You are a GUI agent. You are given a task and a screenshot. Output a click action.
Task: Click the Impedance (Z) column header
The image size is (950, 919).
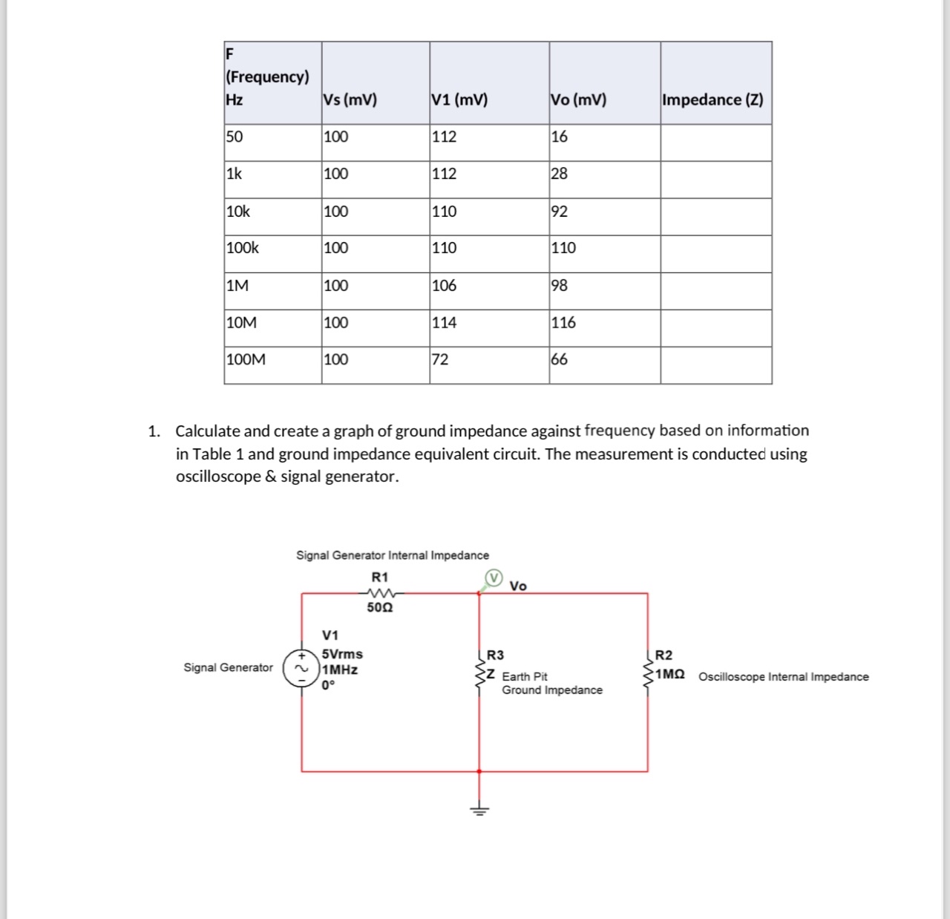click(x=712, y=99)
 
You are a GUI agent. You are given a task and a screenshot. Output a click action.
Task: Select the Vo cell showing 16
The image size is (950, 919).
click(x=560, y=137)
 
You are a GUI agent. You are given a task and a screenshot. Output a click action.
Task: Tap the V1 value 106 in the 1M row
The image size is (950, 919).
click(x=444, y=286)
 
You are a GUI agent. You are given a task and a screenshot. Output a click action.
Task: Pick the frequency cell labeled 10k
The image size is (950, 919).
click(x=238, y=212)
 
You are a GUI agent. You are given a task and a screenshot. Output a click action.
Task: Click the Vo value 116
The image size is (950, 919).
click(x=563, y=323)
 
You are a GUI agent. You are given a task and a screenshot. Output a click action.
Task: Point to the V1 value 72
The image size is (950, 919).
click(x=440, y=359)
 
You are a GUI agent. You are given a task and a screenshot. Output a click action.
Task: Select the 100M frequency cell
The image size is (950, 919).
click(x=246, y=359)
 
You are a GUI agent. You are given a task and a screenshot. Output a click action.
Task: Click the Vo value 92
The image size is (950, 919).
click(x=560, y=212)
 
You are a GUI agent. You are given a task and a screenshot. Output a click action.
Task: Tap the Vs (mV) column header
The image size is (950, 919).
click(x=350, y=99)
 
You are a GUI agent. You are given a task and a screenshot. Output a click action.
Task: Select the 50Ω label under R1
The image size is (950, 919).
click(x=380, y=607)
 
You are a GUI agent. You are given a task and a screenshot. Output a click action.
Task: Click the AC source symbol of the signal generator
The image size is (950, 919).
click(x=301, y=668)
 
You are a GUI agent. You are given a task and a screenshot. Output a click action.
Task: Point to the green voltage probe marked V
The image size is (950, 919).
click(x=494, y=578)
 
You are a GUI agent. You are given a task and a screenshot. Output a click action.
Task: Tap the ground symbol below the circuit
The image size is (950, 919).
click(x=479, y=809)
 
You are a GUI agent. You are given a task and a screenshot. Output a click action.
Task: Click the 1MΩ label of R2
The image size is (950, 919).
click(x=669, y=674)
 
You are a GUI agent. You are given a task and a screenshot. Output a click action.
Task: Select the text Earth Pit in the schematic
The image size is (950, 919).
click(x=525, y=676)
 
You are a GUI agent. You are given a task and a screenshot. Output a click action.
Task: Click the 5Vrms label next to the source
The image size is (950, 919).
click(x=342, y=654)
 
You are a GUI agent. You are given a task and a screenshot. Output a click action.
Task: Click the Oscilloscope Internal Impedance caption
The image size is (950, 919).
click(x=783, y=677)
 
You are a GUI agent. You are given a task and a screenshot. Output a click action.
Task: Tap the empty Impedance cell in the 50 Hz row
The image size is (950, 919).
click(x=715, y=142)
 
